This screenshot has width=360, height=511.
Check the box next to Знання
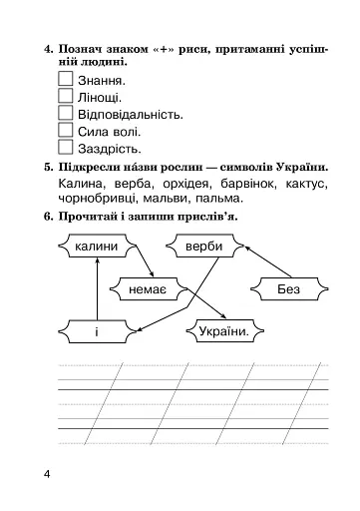[x=68, y=78]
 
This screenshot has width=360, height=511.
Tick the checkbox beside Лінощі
[x=68, y=96]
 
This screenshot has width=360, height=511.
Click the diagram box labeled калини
[x=97, y=246]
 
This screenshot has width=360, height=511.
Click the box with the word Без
[x=288, y=288]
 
